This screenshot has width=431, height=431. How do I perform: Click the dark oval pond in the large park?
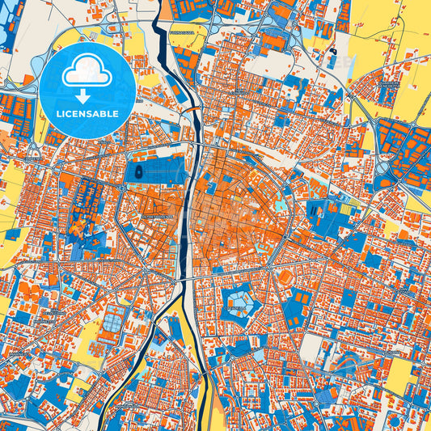(x=138, y=171)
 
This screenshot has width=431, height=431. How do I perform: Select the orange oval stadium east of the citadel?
(x=285, y=277)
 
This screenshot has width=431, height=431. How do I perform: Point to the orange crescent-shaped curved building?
(x=74, y=227)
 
